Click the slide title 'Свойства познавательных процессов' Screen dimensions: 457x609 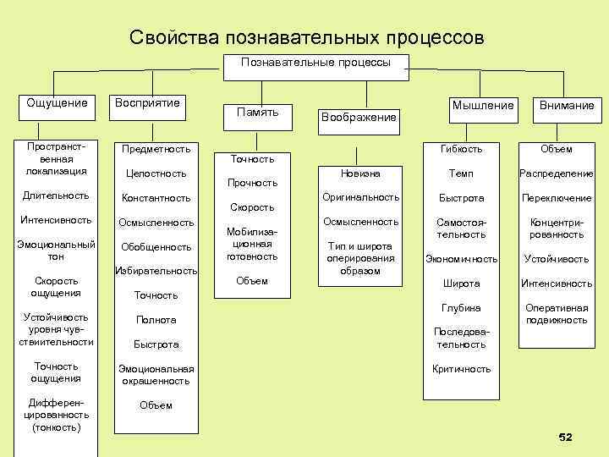pos(307,38)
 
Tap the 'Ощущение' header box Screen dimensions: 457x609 pos(57,103)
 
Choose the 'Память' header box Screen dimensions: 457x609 pos(257,112)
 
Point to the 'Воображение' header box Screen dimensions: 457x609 pos(359,117)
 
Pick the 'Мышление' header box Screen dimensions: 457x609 pos(483,106)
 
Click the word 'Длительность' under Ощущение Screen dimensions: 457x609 pos(57,195)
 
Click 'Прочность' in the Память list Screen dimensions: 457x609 pos(252,182)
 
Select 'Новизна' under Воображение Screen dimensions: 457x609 pos(360,173)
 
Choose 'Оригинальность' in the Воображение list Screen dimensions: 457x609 pos(360,197)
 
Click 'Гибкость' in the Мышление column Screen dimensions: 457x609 pos(462,149)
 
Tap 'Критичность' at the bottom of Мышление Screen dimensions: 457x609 pos(462,369)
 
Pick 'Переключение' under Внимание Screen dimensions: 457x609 pos(557,198)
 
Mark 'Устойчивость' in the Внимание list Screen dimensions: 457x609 pos(557,259)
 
